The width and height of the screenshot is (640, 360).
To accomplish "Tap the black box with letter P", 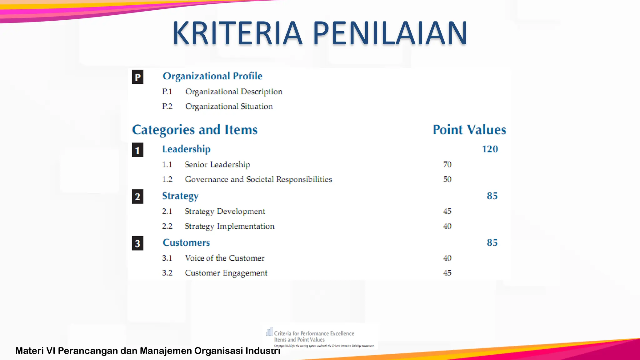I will (137, 77).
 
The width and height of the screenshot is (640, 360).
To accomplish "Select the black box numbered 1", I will (137, 150).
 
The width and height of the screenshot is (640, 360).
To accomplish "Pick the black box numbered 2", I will (137, 197).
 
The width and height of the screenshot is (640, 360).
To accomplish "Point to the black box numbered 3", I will (137, 243).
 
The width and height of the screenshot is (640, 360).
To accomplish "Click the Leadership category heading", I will (186, 149).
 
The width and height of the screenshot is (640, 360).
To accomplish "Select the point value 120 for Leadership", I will (490, 149).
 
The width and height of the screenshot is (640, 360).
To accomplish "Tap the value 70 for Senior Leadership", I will (447, 164).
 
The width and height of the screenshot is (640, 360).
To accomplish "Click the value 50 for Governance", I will (447, 179).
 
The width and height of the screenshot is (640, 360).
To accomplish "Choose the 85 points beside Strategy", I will (492, 196).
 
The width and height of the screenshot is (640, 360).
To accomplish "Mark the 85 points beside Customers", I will (492, 242).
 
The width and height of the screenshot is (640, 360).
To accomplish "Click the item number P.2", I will (167, 107).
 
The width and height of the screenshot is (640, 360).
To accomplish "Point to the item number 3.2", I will (167, 273).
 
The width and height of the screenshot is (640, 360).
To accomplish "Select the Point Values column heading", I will (469, 130).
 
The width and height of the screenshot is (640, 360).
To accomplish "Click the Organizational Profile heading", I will (212, 76).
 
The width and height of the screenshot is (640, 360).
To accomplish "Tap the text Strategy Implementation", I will (230, 226).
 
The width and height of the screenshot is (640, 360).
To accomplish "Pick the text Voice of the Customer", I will (225, 258).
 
